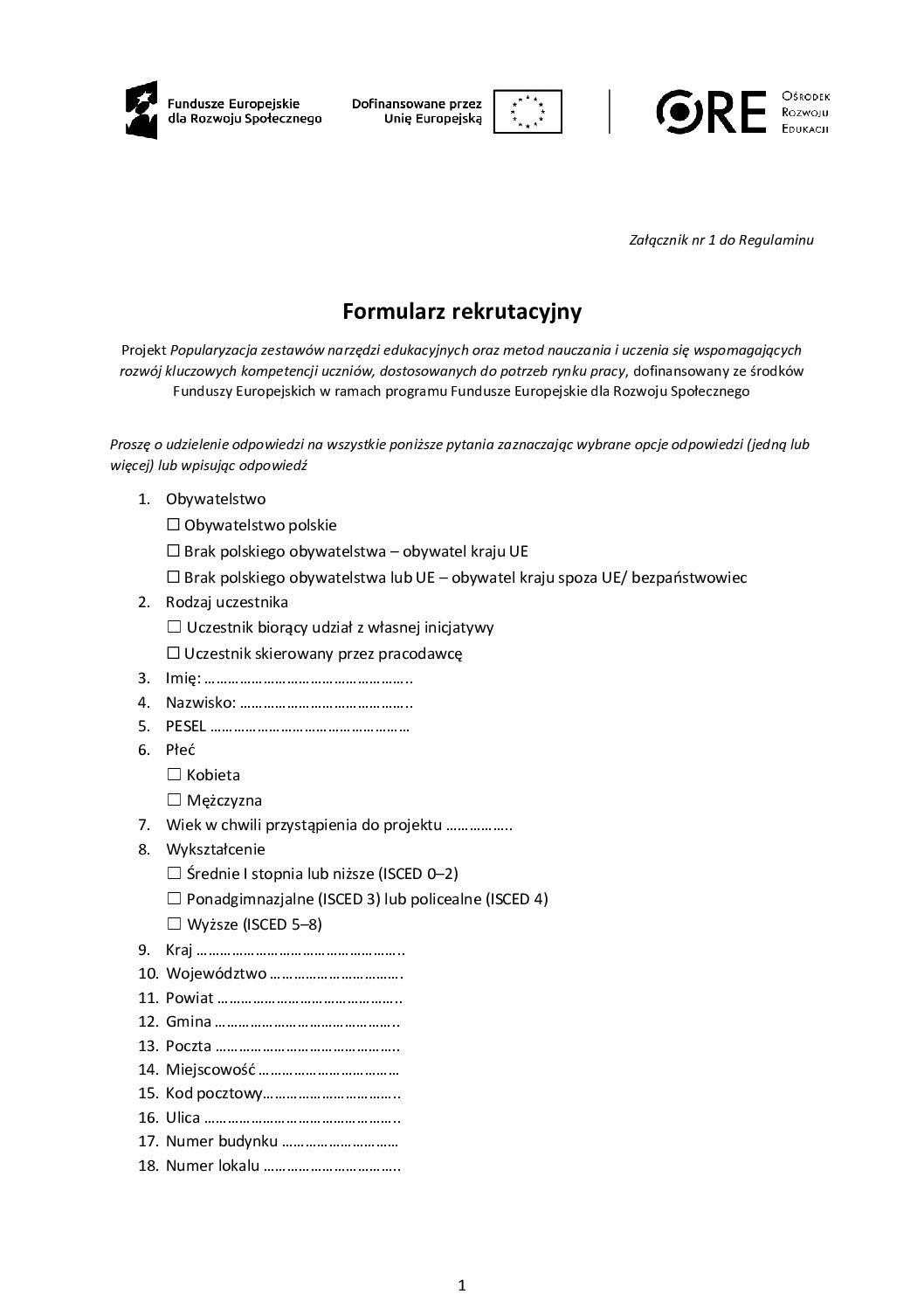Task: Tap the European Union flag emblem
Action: (527, 111)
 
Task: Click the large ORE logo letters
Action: (711, 111)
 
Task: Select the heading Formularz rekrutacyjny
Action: (461, 311)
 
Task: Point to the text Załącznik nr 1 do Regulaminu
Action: (721, 239)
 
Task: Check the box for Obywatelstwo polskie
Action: (173, 525)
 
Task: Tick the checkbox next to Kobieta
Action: (173, 774)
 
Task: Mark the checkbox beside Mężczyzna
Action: (173, 799)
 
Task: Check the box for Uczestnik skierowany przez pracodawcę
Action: (173, 653)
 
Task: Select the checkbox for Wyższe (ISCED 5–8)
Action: (173, 924)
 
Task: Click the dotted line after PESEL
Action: (310, 726)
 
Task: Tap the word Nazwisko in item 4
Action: (199, 702)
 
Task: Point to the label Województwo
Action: (216, 973)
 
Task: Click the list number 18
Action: (148, 1166)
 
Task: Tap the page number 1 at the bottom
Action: (462, 1284)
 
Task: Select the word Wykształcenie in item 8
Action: (215, 849)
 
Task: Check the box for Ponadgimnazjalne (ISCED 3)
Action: (173, 898)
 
